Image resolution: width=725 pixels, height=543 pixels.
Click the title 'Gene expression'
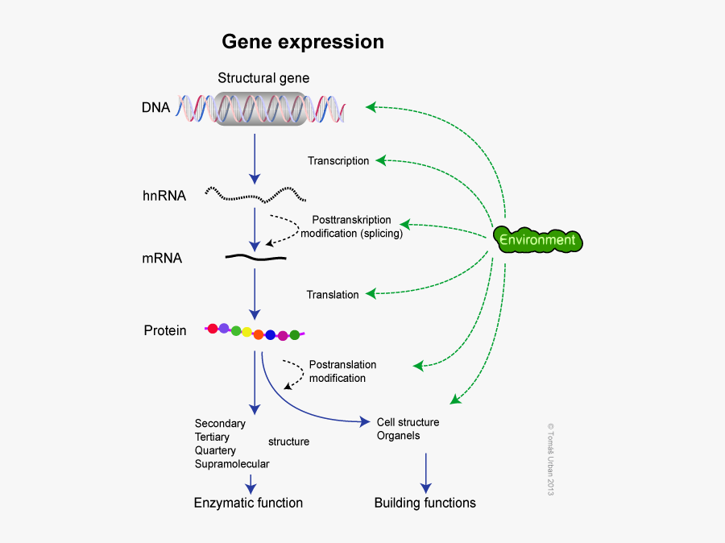pos(303,41)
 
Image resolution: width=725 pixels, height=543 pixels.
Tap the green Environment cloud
pos(537,240)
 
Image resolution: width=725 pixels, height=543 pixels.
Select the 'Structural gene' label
pos(263,78)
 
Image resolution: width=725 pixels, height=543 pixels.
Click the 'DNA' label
pos(156,107)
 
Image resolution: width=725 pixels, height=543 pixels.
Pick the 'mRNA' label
pos(162,259)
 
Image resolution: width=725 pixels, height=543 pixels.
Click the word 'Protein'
pos(165,330)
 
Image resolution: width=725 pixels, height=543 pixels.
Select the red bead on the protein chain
pos(213,328)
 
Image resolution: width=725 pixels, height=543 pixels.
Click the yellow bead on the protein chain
pos(246,332)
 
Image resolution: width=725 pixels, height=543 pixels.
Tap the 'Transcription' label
pos(338,161)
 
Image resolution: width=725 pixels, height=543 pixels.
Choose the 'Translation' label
pos(333,295)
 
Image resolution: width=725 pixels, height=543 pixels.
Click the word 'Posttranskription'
pos(351,220)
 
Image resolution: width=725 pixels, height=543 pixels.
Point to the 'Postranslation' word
pos(342,364)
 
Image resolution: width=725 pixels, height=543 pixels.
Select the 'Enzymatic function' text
pos(248,503)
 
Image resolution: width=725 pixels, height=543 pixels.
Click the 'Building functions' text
pos(425,503)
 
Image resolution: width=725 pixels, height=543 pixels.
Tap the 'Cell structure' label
pos(408,422)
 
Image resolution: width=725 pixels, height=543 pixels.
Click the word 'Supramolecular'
pos(232,464)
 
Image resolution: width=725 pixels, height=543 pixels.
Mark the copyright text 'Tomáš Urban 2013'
pos(551,459)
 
